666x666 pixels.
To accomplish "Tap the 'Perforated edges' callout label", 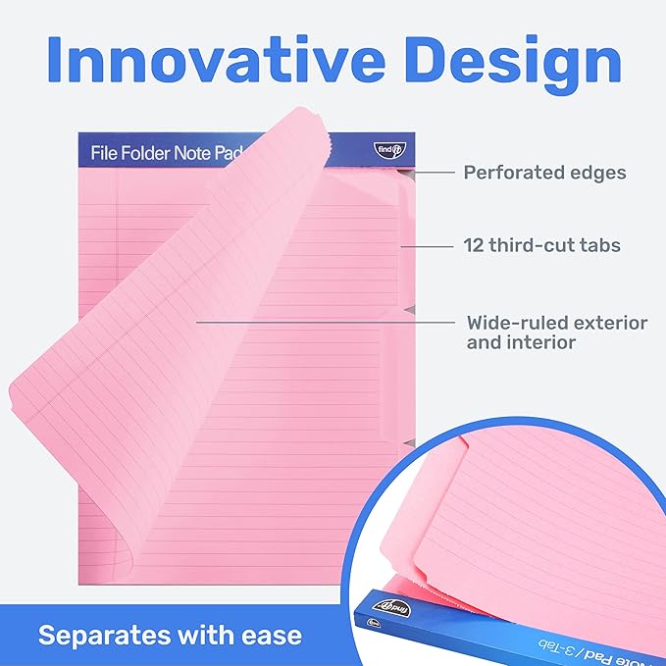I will point(544,173).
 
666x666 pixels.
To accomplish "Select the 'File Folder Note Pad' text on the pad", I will point(167,153).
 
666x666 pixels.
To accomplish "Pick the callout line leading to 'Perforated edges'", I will point(433,173).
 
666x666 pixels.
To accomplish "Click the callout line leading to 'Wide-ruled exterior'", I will point(324,321).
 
